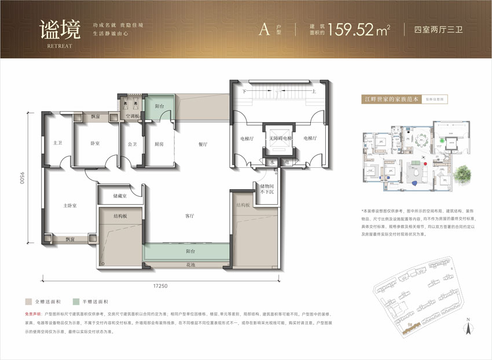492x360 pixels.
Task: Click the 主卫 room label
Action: (57, 143)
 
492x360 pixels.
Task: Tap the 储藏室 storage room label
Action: (120, 195)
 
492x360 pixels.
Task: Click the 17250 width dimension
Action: (160, 286)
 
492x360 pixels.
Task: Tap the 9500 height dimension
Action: (22, 173)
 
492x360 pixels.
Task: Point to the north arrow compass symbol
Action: (467, 328)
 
